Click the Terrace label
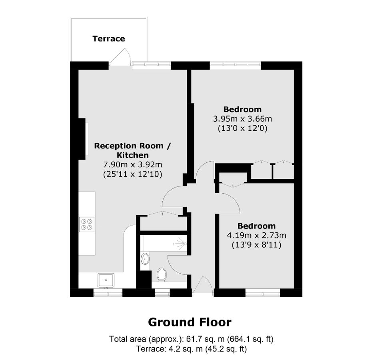[x=109, y=39]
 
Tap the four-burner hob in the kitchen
[x=87, y=224]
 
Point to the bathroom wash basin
[x=146, y=259]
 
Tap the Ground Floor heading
[x=189, y=322]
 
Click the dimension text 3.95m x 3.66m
[x=242, y=119]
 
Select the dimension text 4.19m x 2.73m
[x=256, y=235]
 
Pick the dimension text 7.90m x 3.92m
[x=133, y=164]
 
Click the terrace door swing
[x=121, y=57]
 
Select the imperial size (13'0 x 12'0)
[x=242, y=128]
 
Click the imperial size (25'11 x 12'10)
[x=133, y=174]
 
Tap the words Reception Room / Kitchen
[x=133, y=150]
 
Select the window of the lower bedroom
[x=262, y=293]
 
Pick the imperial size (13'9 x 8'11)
[x=256, y=245]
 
